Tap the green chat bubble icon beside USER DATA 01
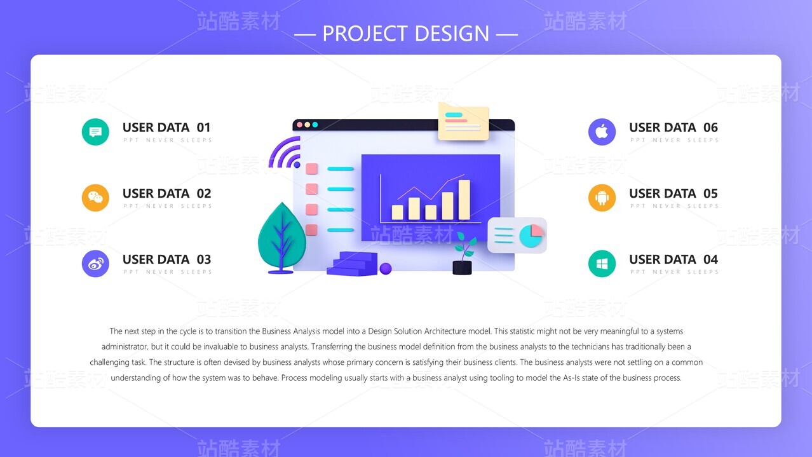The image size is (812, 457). [x=95, y=132]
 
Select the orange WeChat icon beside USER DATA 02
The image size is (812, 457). [x=95, y=198]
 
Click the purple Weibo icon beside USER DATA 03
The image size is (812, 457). [x=95, y=264]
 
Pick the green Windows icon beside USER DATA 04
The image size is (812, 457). [x=602, y=264]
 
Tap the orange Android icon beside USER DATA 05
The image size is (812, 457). [x=602, y=198]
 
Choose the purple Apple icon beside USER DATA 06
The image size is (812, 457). [x=602, y=132]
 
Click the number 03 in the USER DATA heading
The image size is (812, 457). [x=204, y=259]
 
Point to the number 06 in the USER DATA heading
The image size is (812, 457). [x=710, y=127]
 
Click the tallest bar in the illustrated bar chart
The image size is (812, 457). [x=464, y=200]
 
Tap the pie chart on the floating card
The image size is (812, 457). [x=531, y=236]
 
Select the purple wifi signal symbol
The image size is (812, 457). [x=286, y=153]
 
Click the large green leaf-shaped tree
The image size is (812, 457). [x=281, y=238]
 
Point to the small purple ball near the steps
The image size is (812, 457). [x=386, y=269]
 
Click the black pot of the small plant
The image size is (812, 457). [x=462, y=268]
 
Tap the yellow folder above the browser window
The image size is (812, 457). [x=463, y=121]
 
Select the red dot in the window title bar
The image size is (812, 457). [x=300, y=125]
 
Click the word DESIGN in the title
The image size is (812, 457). [x=452, y=34]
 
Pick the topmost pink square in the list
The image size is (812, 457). [x=312, y=168]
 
